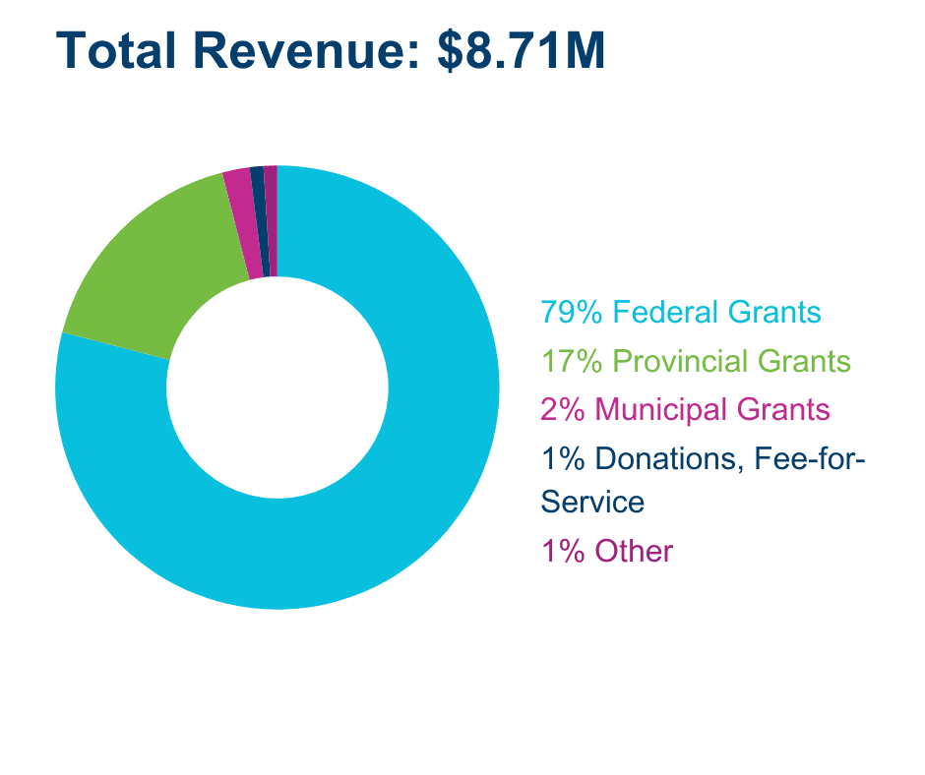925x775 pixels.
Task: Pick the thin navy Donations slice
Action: [260, 221]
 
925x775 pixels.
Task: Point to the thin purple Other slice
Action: [272, 221]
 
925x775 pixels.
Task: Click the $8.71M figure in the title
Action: [521, 51]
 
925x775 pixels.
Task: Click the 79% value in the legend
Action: [571, 313]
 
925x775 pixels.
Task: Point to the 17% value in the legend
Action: [571, 361]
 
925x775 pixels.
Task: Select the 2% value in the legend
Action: [563, 408]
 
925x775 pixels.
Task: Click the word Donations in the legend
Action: [669, 457]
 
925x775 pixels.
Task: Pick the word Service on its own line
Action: [592, 503]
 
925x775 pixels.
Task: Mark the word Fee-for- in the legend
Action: [808, 457]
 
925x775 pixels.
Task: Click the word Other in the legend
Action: [634, 551]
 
